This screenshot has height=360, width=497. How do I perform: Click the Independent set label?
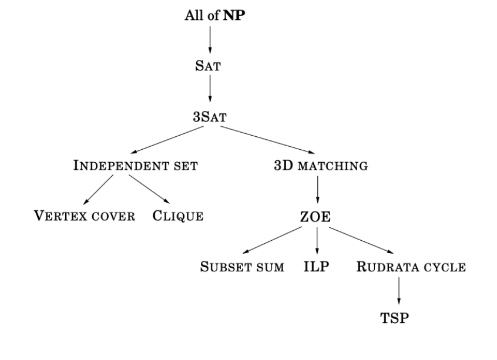(x=135, y=166)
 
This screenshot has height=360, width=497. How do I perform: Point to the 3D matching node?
(x=321, y=166)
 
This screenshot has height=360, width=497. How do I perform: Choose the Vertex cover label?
(x=84, y=216)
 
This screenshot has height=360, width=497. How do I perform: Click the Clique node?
(x=178, y=216)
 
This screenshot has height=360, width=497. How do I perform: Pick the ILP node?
(x=316, y=267)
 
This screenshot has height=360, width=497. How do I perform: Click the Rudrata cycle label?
(x=411, y=267)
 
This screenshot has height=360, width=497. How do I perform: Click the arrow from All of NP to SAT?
(x=210, y=40)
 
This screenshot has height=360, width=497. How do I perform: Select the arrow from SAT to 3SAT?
(x=210, y=90)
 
